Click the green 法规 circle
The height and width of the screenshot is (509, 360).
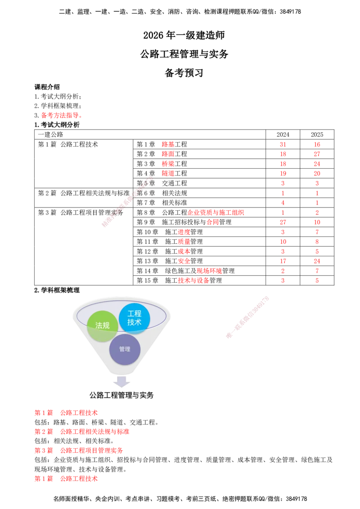click(103, 326)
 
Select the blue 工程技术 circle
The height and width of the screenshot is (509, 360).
click(135, 318)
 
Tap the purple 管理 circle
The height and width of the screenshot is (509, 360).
click(125, 349)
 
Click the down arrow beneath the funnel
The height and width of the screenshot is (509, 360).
click(122, 382)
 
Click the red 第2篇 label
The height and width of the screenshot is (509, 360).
click(43, 432)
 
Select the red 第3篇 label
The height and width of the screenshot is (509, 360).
click(43, 450)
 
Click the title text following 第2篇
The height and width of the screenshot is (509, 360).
click(94, 432)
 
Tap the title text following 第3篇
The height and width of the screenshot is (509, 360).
click(92, 450)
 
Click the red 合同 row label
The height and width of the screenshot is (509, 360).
click(212, 222)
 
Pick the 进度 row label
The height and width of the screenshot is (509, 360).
click(184, 232)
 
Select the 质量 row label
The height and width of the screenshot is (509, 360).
click(184, 241)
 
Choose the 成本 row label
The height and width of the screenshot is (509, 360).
click(184, 251)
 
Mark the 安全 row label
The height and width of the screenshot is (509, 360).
click(184, 261)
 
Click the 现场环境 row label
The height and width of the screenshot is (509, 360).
click(210, 271)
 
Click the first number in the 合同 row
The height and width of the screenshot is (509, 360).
click(283, 222)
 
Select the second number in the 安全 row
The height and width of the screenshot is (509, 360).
click(317, 261)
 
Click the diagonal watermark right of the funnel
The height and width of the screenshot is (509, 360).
click(248, 317)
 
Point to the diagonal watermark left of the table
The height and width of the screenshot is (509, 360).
click(127, 202)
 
